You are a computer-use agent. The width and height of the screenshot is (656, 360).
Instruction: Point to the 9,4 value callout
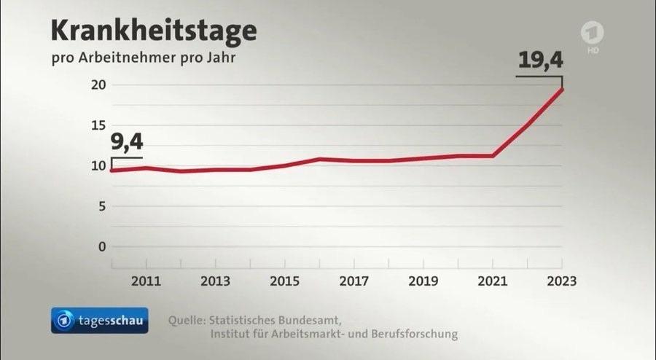coord(127,142)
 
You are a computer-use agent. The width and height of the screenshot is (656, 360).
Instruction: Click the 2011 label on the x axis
coord(147,281)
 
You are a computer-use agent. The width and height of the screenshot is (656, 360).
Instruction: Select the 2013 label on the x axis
coord(216,281)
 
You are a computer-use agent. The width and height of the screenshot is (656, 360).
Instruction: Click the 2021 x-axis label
coord(493,281)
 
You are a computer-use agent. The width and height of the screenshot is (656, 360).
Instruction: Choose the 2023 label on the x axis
coord(561,281)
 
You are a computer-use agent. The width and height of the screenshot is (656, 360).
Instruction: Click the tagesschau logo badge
coord(99,320)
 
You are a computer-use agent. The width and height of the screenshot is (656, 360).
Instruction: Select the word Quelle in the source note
coord(186,320)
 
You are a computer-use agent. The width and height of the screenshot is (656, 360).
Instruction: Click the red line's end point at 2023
coord(561,89)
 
